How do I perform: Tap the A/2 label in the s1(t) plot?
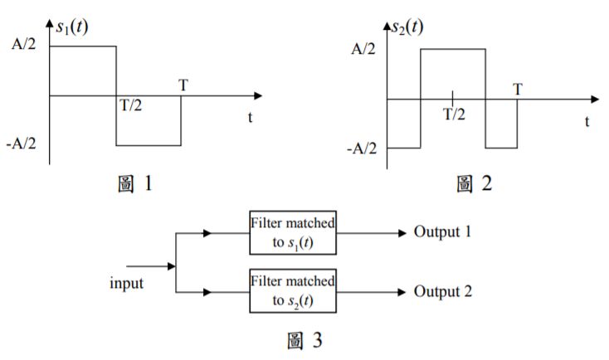tap(25, 46)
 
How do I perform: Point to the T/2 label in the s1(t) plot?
tap(129, 108)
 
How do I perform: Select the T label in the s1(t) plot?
tap(182, 85)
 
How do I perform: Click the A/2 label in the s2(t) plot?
tap(364, 49)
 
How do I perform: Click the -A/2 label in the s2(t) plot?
tap(362, 148)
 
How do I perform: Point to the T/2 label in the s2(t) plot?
tap(454, 114)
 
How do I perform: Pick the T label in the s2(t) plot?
tap(518, 88)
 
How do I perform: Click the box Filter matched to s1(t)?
tap(293, 232)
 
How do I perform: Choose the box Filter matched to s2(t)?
tap(293, 292)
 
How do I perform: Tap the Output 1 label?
tap(442, 231)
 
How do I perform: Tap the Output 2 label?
tap(442, 292)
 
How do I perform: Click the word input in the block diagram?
tap(126, 283)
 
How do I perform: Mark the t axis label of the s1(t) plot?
tap(249, 118)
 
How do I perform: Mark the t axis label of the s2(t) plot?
tap(587, 121)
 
